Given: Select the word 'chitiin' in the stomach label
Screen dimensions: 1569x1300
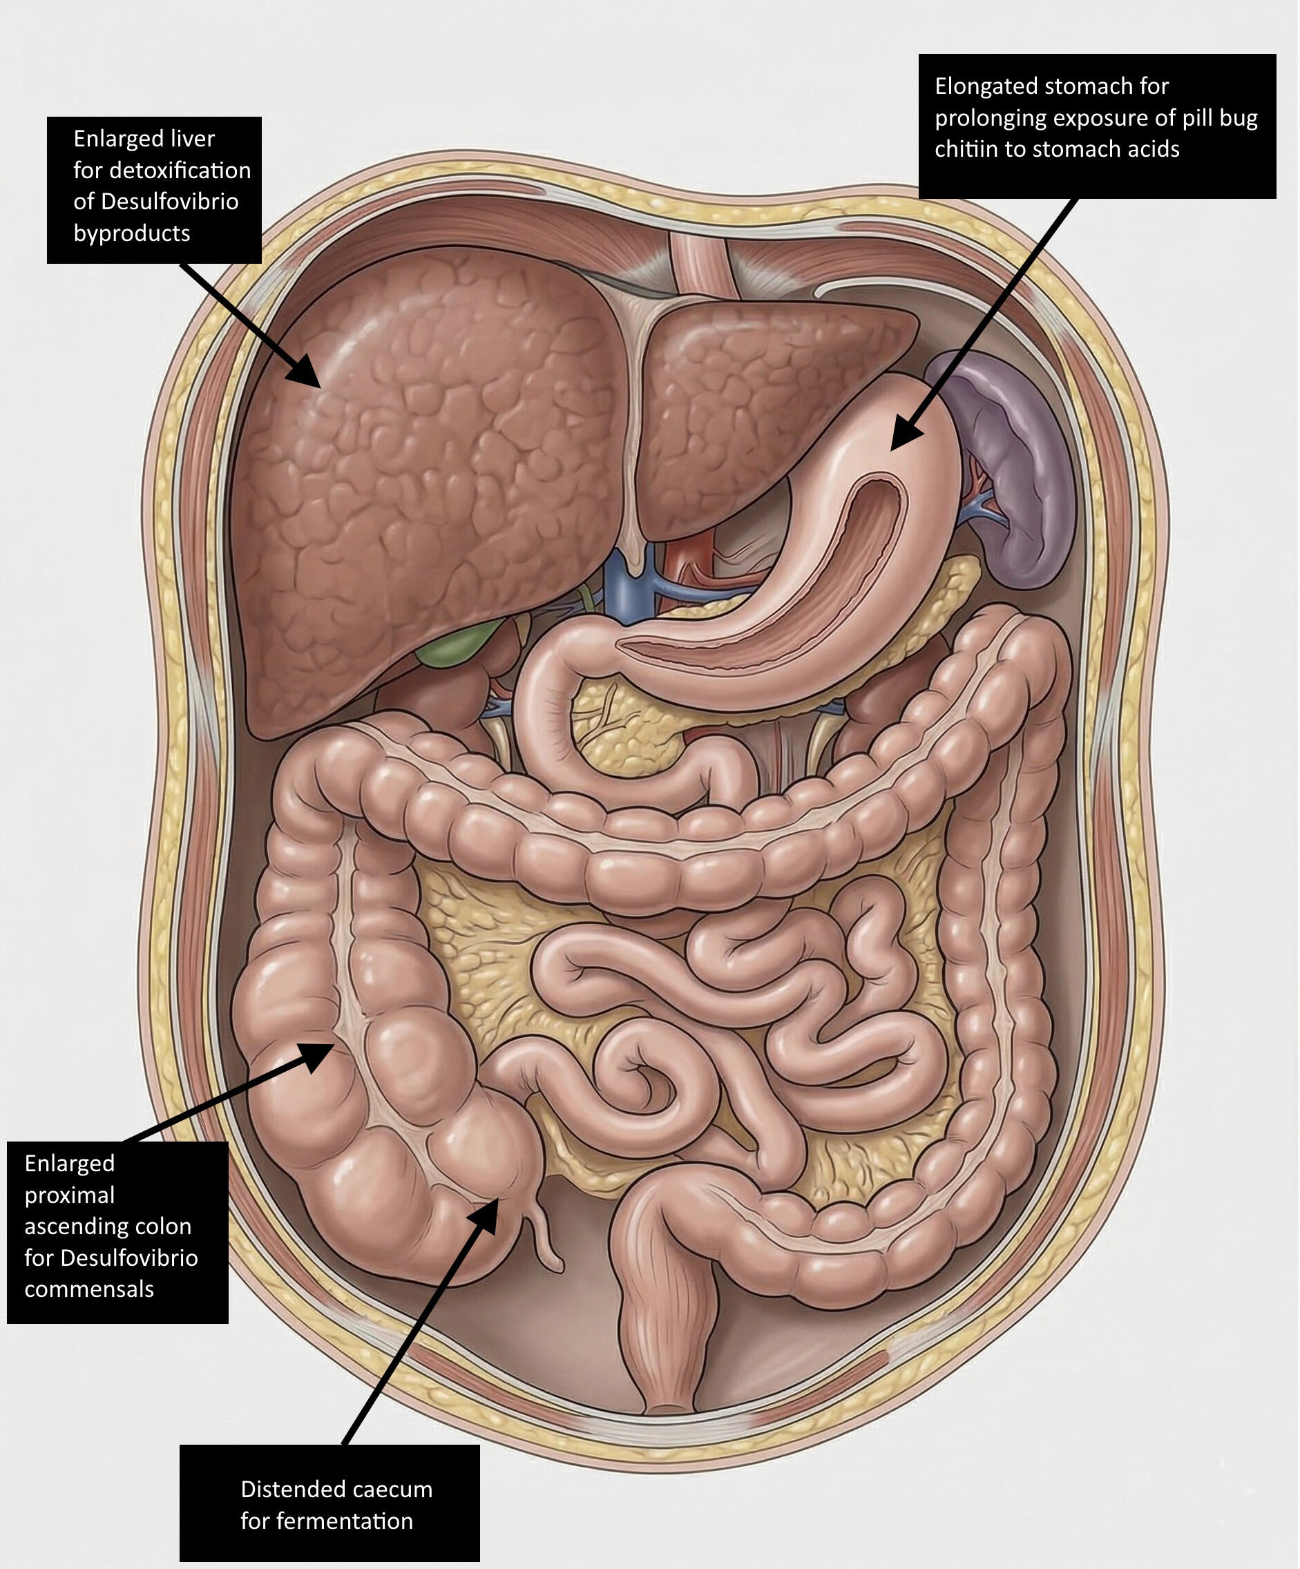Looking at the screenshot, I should click(966, 149).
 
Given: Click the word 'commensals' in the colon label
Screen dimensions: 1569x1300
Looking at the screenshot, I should click(89, 1289).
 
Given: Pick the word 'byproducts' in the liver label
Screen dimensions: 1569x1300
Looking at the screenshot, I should click(131, 233).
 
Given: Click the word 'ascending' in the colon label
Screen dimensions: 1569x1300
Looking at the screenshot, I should click(108, 1226).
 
